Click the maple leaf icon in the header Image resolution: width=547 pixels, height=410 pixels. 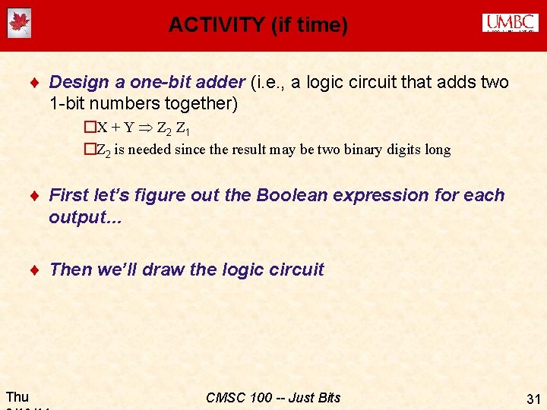pos(19,24)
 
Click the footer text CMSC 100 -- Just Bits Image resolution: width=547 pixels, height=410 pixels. pos(273,397)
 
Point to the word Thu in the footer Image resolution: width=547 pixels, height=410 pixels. pos(17,396)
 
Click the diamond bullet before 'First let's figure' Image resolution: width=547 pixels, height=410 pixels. pos(36,197)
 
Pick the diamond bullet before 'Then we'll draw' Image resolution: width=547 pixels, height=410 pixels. pos(36,270)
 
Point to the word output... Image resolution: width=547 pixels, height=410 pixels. pos(76,218)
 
